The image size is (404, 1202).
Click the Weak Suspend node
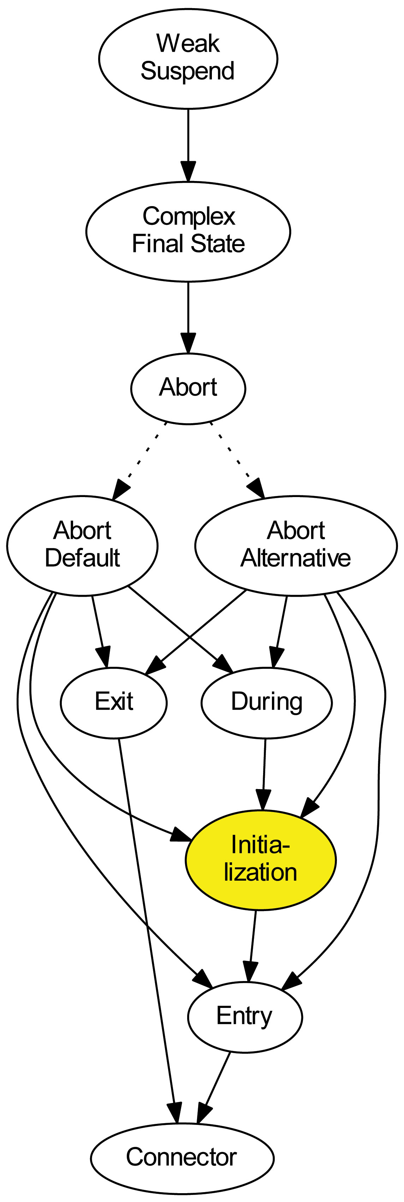[x=188, y=58]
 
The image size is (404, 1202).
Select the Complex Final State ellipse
[x=188, y=231]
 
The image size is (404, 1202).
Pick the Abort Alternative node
[x=296, y=545]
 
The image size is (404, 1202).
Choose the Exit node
[x=113, y=702]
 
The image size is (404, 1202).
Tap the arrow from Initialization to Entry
[x=252, y=945]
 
